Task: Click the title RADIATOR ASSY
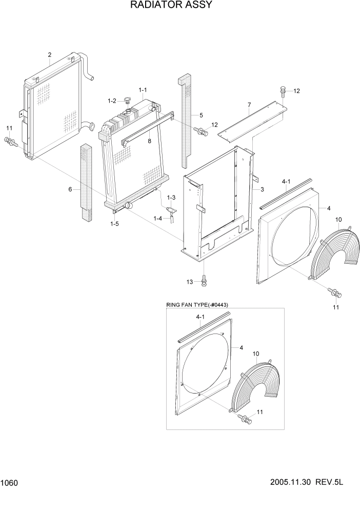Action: pos(164,6)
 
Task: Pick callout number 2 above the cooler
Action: pos(50,55)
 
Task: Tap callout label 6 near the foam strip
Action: pos(71,189)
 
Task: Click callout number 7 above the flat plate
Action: pos(249,105)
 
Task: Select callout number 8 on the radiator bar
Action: pos(150,141)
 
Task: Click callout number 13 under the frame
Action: pos(190,282)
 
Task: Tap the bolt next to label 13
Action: pos(204,280)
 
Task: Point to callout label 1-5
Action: pos(116,223)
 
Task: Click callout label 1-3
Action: pos(171,198)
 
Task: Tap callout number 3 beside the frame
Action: pos(262,190)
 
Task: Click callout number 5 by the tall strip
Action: pos(201,115)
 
